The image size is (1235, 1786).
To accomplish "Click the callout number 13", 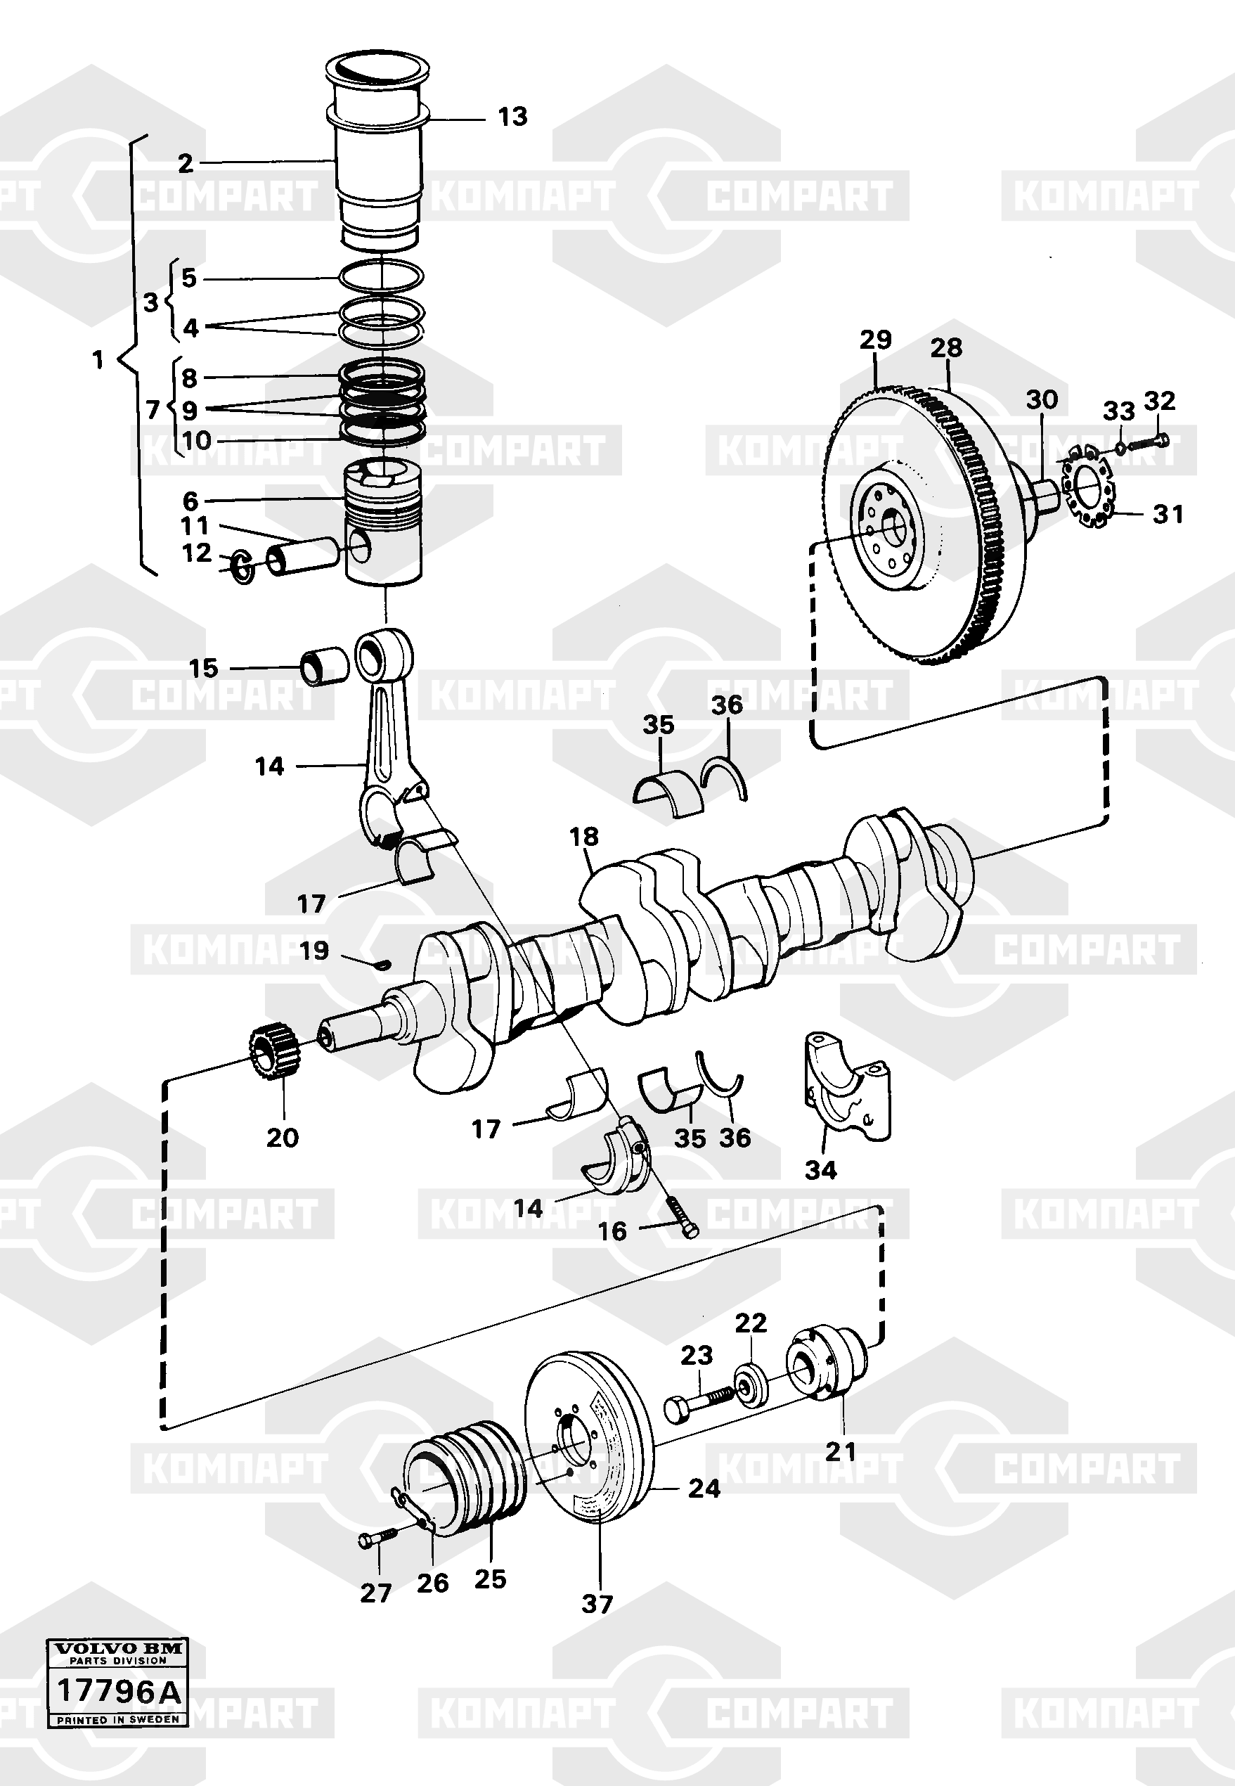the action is (x=512, y=116).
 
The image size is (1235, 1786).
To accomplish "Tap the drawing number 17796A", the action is (x=117, y=1692).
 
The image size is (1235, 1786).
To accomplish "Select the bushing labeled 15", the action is (x=325, y=665).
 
